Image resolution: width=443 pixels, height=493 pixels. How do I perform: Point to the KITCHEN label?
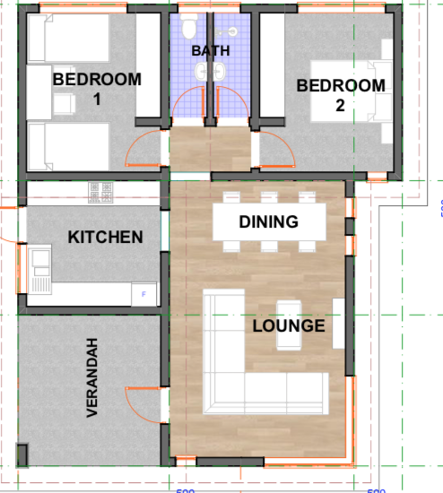click(105, 237)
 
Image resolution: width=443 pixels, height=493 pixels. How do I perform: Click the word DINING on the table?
click(269, 221)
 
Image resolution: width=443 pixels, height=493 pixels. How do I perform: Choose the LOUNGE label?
click(288, 325)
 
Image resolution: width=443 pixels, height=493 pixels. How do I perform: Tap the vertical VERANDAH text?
click(91, 376)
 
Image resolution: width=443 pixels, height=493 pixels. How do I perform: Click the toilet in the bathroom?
click(190, 28)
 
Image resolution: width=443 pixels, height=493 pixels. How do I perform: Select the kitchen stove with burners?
click(100, 191)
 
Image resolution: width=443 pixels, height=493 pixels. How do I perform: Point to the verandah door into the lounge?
click(143, 398)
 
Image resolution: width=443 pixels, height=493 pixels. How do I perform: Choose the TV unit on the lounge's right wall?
click(338, 323)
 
